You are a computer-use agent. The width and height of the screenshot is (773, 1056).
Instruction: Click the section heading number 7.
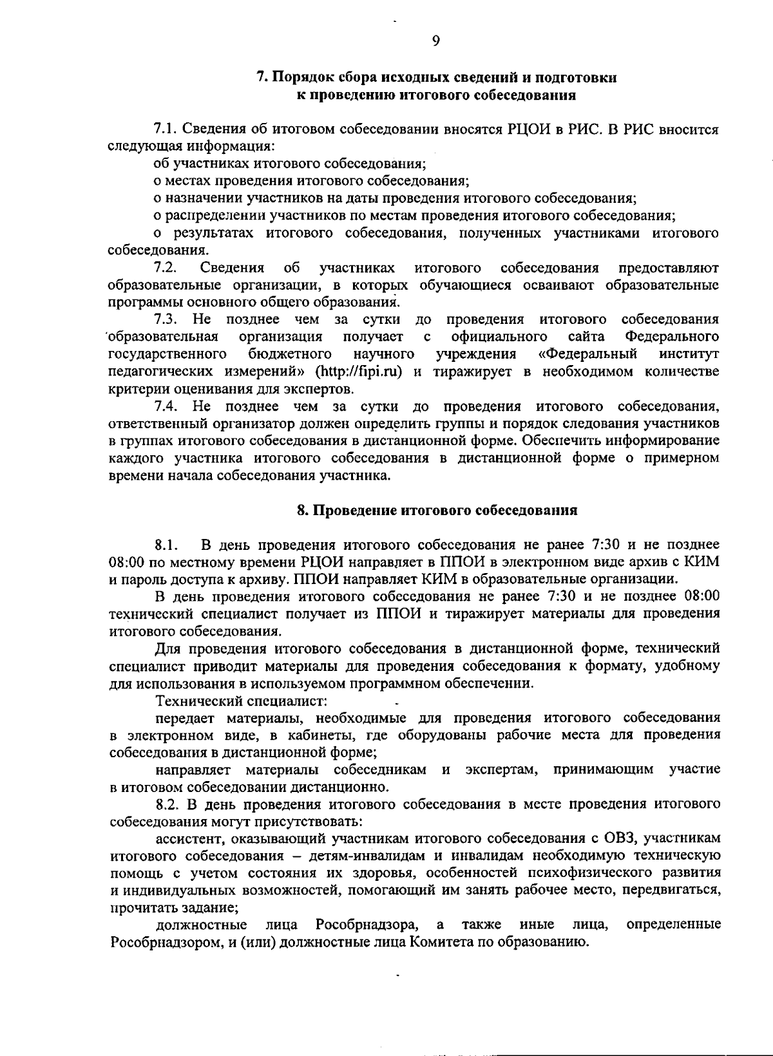pos(261,78)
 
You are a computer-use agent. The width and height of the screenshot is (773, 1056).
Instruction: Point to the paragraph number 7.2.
pos(166,267)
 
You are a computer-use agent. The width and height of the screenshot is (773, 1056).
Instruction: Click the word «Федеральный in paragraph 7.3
pos(587,354)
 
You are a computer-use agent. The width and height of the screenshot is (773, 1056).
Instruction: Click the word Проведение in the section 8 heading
pos(352,511)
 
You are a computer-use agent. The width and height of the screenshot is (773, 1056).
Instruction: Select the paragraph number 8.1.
pos(166,545)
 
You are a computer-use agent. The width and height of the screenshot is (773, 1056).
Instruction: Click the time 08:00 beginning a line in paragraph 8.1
pos(125,562)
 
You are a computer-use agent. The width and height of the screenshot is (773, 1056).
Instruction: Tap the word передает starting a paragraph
pos(184,717)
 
